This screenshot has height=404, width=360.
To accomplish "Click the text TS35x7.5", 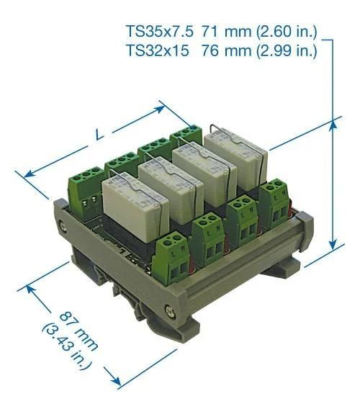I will pyautogui.click(x=154, y=32).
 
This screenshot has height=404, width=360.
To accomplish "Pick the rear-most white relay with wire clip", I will pyautogui.click(x=238, y=155).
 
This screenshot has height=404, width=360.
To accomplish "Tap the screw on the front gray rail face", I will pyautogui.click(x=170, y=311).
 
